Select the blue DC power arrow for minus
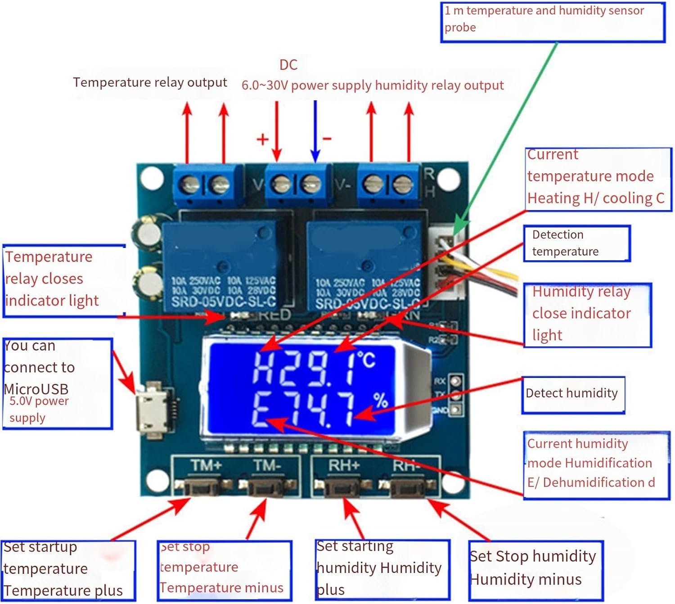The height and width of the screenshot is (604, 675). point(315,131)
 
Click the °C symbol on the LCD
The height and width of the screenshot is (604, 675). point(366,360)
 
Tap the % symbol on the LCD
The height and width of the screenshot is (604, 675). point(381,400)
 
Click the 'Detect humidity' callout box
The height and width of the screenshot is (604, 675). point(573,395)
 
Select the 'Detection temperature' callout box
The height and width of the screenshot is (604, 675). point(576,243)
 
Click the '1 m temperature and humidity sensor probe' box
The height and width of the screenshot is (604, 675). point(553,22)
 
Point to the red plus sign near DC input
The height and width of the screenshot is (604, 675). point(262,139)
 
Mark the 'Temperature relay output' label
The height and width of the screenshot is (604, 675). point(150,82)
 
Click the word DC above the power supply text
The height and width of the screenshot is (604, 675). point(288,65)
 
